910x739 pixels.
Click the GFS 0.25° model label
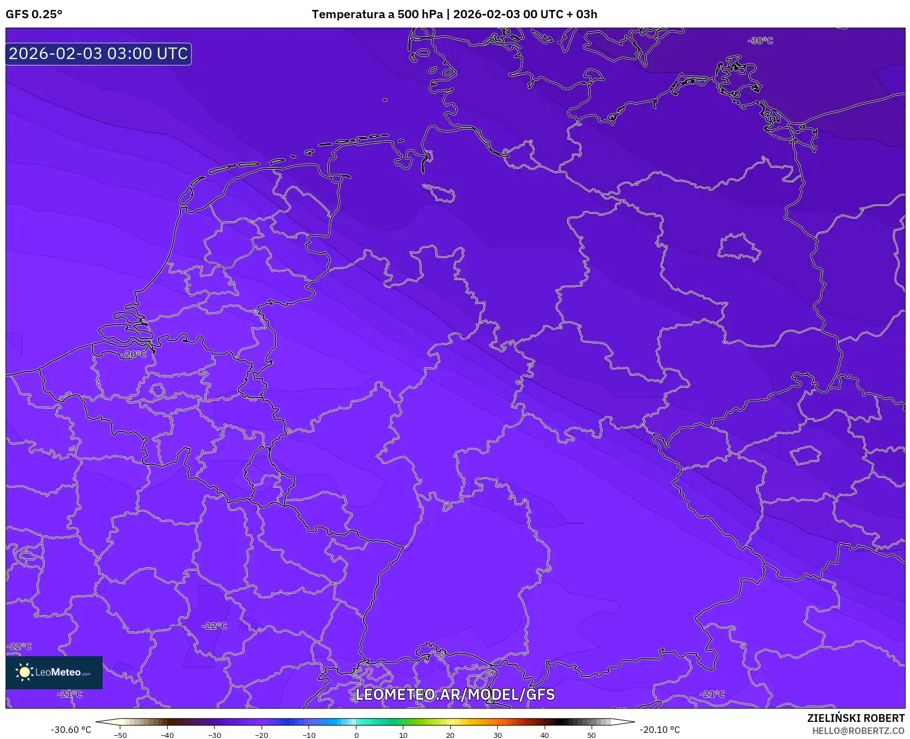(34, 14)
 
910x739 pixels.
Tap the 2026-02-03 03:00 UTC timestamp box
(98, 54)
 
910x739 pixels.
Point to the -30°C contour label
(760, 41)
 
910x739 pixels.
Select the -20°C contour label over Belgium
(134, 355)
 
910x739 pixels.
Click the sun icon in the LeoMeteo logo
(24, 672)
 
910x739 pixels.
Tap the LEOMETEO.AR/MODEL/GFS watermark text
(455, 694)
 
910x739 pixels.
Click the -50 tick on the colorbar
(120, 735)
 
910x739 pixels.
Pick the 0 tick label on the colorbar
(356, 735)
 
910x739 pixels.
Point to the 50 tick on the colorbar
(592, 735)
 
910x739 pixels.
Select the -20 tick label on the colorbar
(262, 735)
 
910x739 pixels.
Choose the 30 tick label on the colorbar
(498, 735)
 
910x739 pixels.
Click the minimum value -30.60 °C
(71, 730)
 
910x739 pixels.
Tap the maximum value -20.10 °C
(659, 730)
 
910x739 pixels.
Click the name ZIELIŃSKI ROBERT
(856, 719)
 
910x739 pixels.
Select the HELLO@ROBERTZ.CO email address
(858, 731)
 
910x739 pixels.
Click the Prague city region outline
(806, 455)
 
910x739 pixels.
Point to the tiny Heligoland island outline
(384, 100)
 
